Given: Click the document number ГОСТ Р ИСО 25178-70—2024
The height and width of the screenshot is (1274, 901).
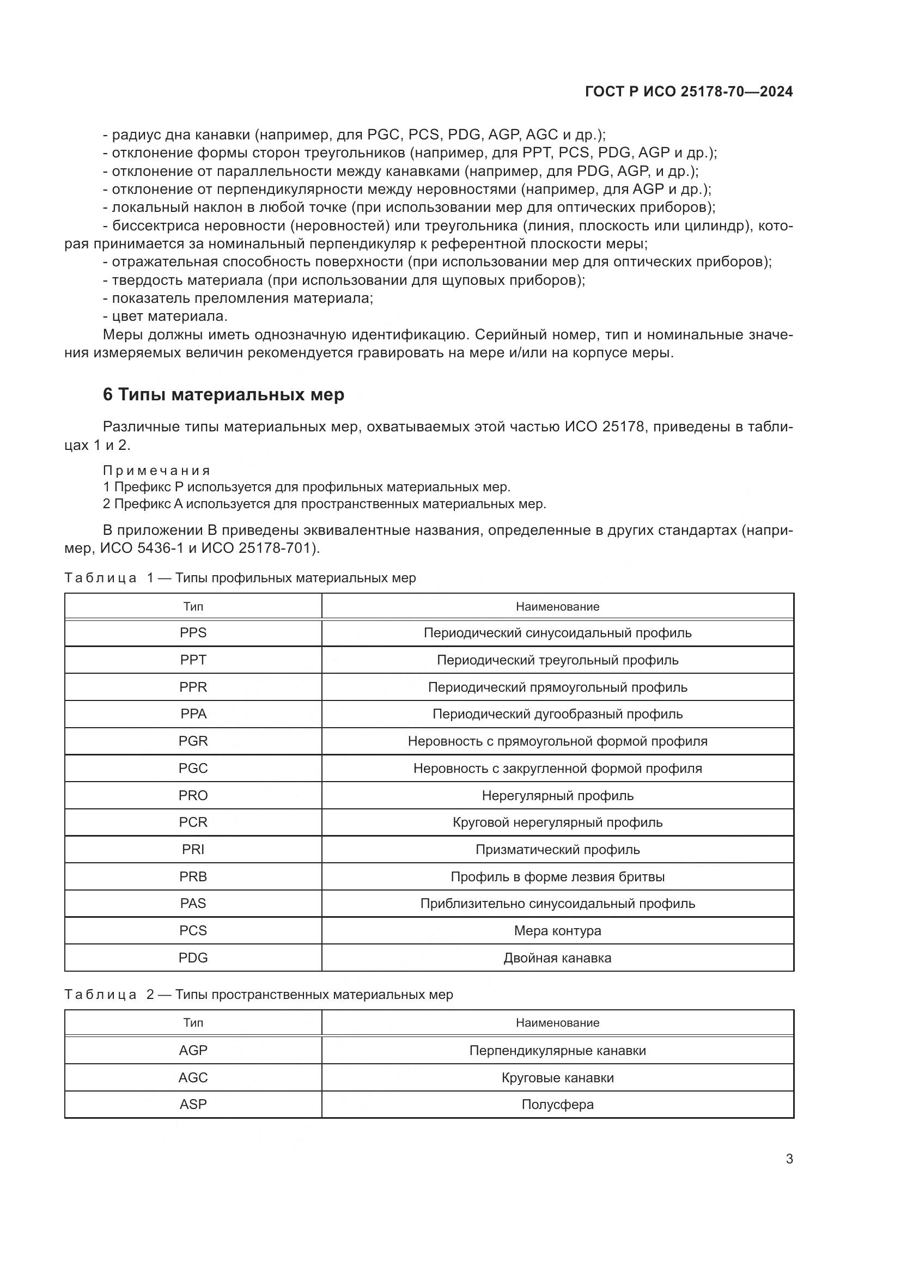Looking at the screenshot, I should [x=689, y=92].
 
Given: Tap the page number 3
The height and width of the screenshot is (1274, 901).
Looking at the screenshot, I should [x=789, y=1159].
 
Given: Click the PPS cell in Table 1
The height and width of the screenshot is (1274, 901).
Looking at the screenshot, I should [x=193, y=632].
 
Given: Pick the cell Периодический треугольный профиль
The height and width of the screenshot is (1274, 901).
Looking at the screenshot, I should [x=557, y=660].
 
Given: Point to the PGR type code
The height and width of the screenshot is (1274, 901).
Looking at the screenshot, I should [x=193, y=741].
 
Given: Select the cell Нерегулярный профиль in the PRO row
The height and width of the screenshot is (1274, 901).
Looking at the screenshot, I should [x=557, y=795].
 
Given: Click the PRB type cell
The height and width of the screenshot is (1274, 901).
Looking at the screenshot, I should [x=193, y=877].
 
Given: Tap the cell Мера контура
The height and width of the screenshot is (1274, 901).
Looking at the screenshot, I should [x=557, y=930].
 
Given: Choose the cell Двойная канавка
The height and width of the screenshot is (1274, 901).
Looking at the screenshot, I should [x=557, y=958].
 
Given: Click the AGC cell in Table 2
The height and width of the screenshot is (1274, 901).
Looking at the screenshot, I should [x=193, y=1077].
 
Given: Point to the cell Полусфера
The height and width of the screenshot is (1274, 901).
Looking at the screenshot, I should [x=557, y=1104].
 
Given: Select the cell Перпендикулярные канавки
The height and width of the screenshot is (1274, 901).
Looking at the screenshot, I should [x=557, y=1050].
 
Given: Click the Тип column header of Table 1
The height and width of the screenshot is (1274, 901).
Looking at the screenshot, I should [x=193, y=606].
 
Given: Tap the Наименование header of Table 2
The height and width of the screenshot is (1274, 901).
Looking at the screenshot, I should [x=557, y=1023].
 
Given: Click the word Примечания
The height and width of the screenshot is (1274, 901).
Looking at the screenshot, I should [x=156, y=471].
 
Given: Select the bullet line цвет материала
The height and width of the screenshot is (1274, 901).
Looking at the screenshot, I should [x=169, y=316].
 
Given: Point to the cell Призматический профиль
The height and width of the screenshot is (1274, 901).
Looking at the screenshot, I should [x=557, y=850].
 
